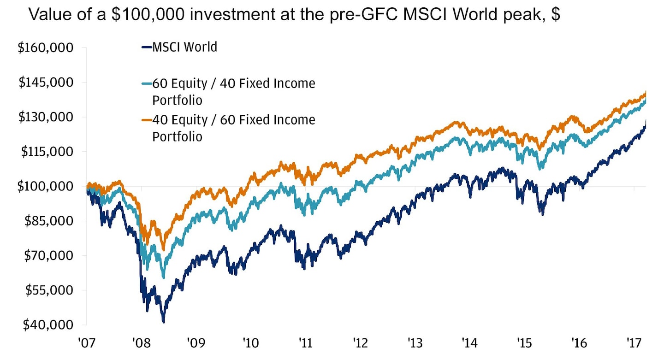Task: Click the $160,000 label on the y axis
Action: click(x=45, y=48)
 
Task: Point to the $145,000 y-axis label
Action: click(x=45, y=83)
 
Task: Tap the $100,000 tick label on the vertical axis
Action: click(x=45, y=186)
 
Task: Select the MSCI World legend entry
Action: click(x=184, y=47)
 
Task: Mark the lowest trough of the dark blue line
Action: click(x=163, y=321)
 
